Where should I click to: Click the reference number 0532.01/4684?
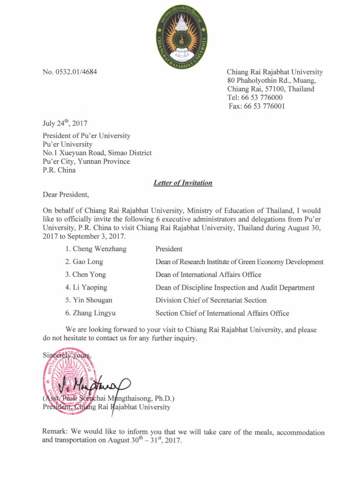coord(70,72)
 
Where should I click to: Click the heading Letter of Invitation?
coord(183,183)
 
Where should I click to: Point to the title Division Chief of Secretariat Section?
coord(211,300)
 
